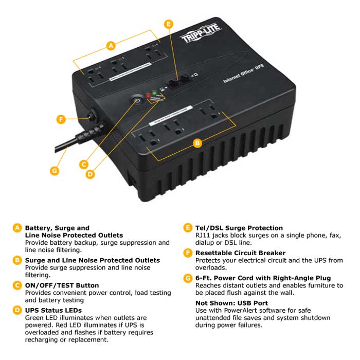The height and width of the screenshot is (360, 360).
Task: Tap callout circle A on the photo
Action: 111,46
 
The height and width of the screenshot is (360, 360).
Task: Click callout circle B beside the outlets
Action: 197,143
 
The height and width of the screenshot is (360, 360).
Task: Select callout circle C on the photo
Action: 84,165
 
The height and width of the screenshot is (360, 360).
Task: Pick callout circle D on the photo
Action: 90,174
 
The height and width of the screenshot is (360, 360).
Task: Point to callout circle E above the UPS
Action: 168,24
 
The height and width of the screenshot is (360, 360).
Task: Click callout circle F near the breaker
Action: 61,119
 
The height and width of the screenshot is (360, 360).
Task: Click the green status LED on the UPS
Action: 153,94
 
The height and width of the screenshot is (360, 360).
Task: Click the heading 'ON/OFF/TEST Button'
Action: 62,285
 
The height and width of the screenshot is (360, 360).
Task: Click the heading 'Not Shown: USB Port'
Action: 231,303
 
